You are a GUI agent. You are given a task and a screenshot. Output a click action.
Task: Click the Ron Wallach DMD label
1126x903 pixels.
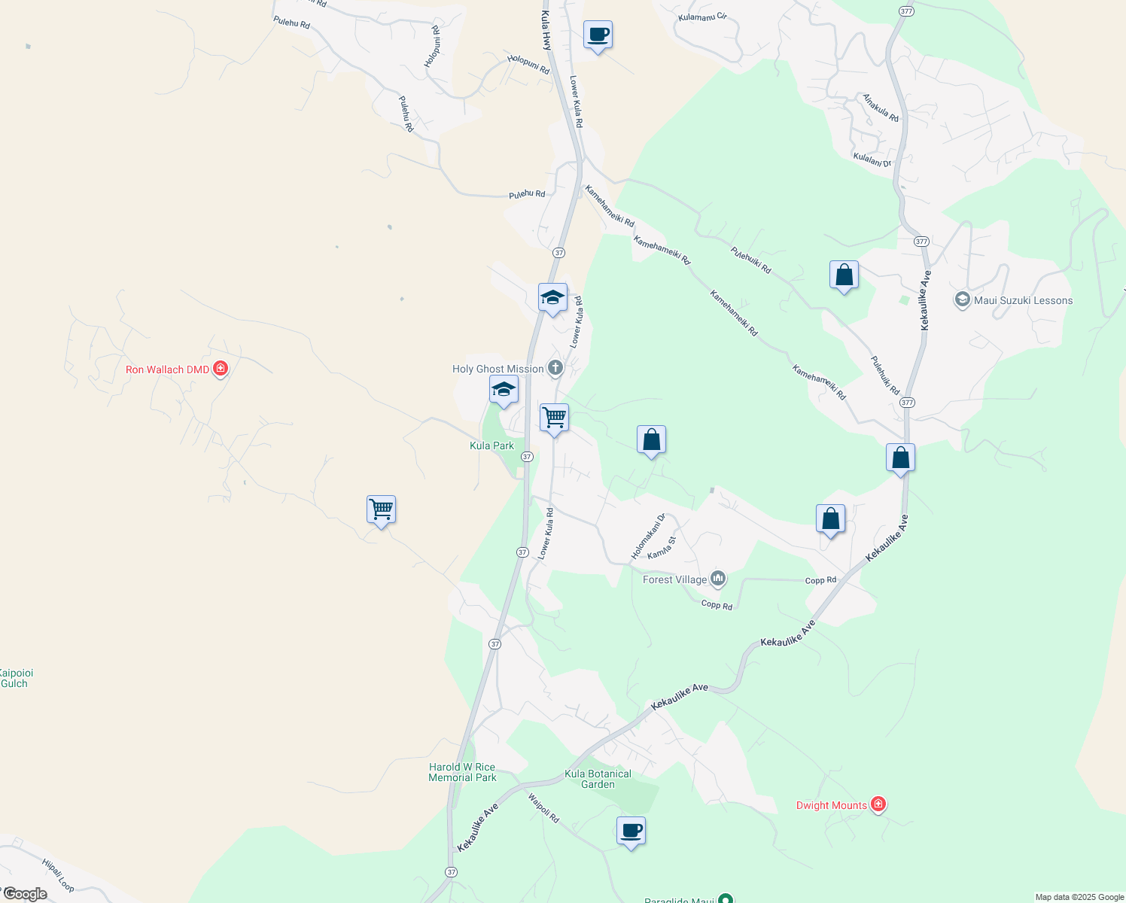click(167, 369)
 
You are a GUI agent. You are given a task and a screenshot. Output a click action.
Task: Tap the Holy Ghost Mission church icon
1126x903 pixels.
click(555, 368)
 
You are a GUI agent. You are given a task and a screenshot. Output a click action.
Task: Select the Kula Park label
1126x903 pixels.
click(491, 445)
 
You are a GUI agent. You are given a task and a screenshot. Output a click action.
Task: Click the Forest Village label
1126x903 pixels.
click(674, 579)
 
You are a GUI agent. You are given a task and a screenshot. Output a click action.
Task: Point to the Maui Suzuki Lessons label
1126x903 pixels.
click(1023, 300)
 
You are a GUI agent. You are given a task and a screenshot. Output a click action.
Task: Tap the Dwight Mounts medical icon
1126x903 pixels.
click(878, 804)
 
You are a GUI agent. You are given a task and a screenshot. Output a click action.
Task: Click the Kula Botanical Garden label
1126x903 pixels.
click(598, 779)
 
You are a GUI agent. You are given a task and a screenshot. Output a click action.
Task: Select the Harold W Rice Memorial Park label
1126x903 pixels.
click(462, 772)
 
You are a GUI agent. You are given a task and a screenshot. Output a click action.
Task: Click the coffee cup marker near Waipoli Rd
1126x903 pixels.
click(631, 831)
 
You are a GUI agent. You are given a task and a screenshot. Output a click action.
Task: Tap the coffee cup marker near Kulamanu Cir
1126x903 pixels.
click(598, 35)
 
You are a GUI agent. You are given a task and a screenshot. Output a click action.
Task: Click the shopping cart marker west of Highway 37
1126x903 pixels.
click(381, 509)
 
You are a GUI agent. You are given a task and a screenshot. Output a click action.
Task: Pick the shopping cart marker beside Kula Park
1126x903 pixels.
click(554, 417)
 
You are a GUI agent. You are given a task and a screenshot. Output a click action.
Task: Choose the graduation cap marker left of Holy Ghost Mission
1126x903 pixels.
click(504, 390)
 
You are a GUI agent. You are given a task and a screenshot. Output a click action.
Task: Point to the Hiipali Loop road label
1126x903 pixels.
click(58, 875)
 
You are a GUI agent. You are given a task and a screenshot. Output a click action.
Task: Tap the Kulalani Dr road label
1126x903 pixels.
click(872, 160)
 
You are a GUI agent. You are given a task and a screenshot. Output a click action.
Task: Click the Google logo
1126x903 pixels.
click(26, 894)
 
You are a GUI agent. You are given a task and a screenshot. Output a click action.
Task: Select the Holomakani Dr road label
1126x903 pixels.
click(648, 537)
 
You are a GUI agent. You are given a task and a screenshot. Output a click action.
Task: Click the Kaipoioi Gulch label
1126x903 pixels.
click(15, 678)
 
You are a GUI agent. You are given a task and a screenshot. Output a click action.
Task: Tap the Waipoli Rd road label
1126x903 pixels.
click(543, 808)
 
